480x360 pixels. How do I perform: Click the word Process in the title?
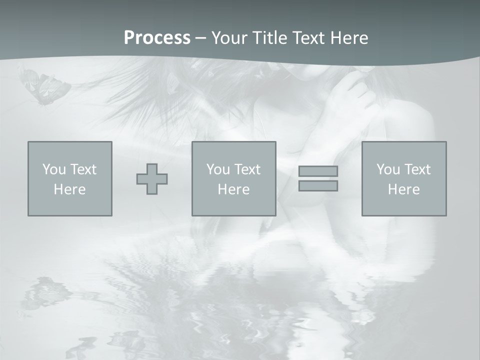click(x=157, y=38)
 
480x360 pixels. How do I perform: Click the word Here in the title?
click(x=350, y=38)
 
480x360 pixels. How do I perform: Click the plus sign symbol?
click(x=152, y=179)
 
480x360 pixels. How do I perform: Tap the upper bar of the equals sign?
click(x=318, y=171)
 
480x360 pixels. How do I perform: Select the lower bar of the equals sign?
click(x=318, y=186)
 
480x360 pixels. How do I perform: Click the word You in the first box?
click(x=54, y=169)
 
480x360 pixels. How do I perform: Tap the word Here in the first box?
click(x=70, y=189)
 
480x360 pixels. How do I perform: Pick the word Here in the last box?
click(x=404, y=189)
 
